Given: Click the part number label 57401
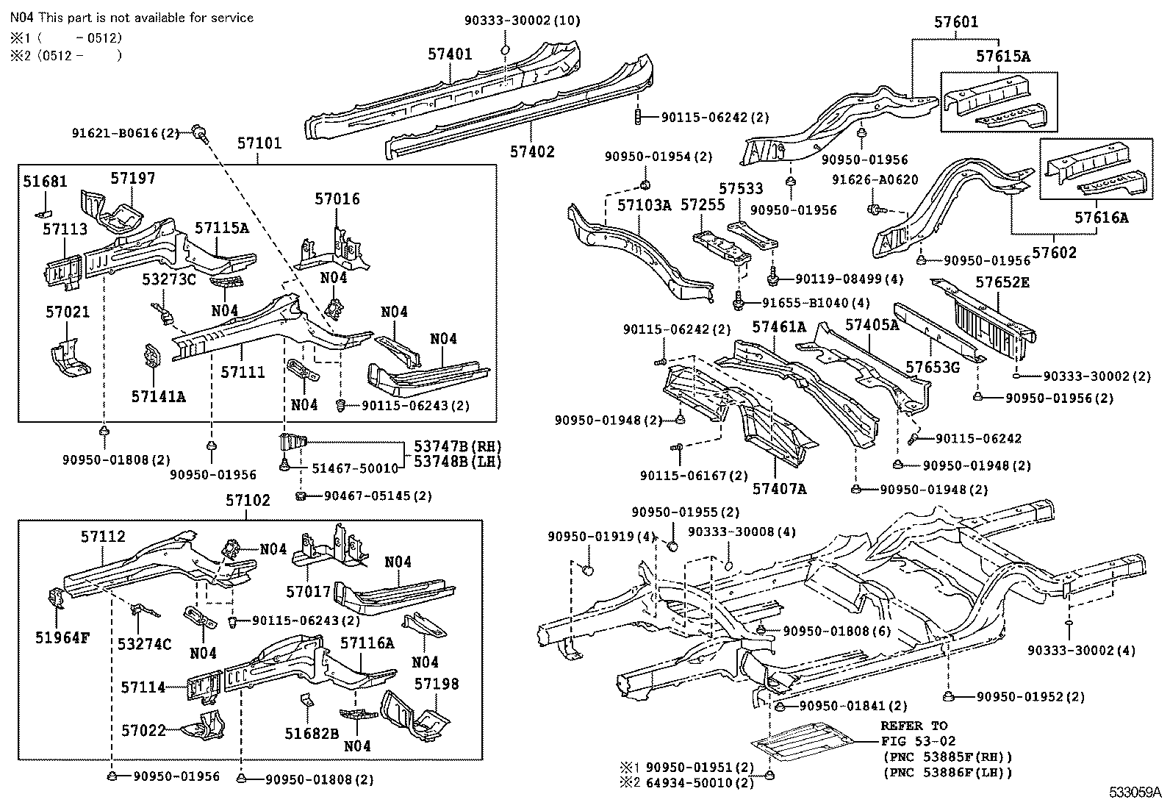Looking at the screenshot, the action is tap(450, 54).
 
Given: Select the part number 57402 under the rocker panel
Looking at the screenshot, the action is tap(532, 151).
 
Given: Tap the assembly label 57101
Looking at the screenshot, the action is tap(259, 143).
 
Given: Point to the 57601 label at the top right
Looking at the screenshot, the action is tap(956, 22).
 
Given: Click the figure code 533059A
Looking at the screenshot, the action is tap(1135, 793).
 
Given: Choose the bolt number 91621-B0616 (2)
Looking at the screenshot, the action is tap(126, 133).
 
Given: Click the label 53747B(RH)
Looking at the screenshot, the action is tap(458, 446).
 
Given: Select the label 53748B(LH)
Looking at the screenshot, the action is tap(458, 462).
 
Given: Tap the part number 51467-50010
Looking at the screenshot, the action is tap(355, 468).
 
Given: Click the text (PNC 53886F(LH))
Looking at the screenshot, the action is tap(947, 773).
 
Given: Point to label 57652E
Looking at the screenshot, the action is tap(1002, 282).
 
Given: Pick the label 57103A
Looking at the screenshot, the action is tap(644, 205).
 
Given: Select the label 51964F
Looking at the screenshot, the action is tap(62, 637).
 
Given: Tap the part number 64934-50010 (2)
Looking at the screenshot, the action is tap(700, 782).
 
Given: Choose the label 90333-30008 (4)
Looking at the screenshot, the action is tap(742, 532).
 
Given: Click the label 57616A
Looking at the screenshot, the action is tap(1101, 218).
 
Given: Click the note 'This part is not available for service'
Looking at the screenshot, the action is tap(146, 18).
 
